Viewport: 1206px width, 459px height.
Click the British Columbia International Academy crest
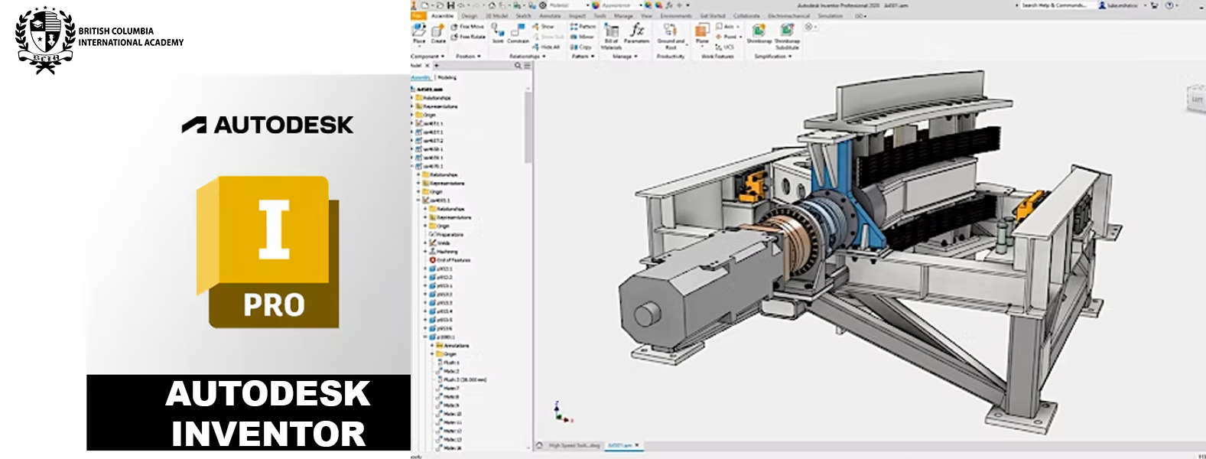[x=45, y=40]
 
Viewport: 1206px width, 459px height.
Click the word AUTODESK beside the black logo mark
[x=283, y=125]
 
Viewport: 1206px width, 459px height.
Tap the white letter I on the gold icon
[x=274, y=229]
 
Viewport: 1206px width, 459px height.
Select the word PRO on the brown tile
[x=274, y=305]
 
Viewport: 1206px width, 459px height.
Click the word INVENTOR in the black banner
[x=268, y=434]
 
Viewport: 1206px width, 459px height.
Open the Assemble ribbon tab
[x=442, y=15]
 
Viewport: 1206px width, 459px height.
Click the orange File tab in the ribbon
[x=418, y=15]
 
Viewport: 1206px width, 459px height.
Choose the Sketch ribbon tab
[x=524, y=15]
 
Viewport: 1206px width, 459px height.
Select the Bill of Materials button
[x=611, y=35]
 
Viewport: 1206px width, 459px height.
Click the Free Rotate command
[x=469, y=37]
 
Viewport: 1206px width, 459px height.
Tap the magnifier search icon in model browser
[x=518, y=66]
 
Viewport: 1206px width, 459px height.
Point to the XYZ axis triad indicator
[x=562, y=413]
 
